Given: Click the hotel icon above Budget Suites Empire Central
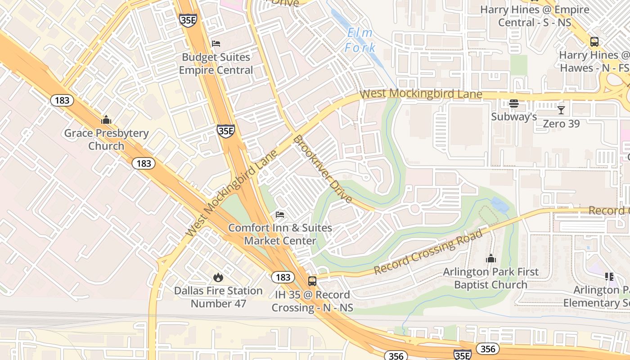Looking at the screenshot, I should point(216,44).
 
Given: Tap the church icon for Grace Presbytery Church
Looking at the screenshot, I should point(106,120).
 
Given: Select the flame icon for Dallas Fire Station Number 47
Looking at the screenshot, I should point(218,277).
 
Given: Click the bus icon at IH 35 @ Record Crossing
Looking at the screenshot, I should point(312,281).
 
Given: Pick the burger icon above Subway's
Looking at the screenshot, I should point(513,103).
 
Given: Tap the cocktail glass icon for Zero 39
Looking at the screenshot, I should point(561,110).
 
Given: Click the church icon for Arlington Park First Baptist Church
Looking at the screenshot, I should point(490,258).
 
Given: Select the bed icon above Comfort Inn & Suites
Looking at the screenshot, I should point(280,215).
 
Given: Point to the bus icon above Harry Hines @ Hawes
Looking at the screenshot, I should point(594,42).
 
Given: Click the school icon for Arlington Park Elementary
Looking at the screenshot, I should point(609,276).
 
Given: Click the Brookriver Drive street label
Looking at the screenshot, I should point(322,169).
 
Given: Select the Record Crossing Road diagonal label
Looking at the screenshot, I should point(428,252).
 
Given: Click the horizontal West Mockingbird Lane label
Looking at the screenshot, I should point(421,94).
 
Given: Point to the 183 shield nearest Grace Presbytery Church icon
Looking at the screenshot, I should point(62,100).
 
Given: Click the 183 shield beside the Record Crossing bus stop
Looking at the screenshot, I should point(283,277).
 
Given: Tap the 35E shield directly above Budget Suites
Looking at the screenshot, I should point(188,20).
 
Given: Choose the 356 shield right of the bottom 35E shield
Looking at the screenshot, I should point(487,349).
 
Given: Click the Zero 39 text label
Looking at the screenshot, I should point(561,123).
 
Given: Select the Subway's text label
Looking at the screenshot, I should point(514,117).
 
